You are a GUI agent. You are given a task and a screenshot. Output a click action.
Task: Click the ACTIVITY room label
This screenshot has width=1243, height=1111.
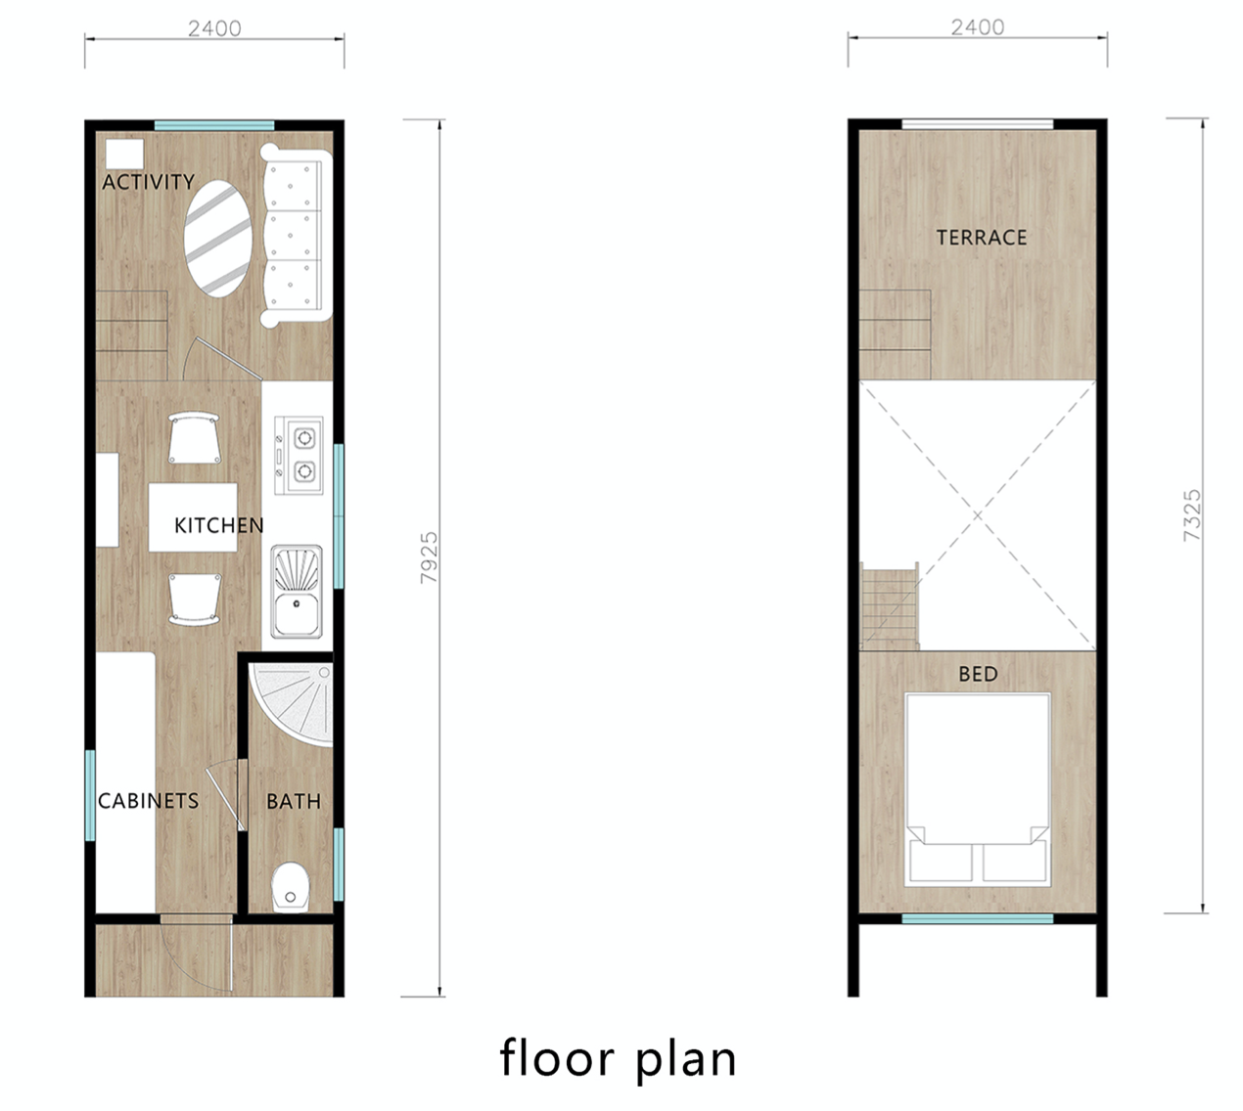click(x=148, y=182)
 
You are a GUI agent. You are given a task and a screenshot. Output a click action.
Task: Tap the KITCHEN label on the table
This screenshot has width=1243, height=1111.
click(x=219, y=525)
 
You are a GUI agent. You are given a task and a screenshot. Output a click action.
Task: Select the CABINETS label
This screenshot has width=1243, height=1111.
click(x=149, y=801)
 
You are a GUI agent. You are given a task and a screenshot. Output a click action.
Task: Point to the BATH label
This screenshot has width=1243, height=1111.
click(x=294, y=801)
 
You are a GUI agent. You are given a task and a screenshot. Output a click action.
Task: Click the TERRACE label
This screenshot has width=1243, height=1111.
click(x=981, y=238)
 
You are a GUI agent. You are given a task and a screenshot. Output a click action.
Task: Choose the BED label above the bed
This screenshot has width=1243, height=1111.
click(x=978, y=674)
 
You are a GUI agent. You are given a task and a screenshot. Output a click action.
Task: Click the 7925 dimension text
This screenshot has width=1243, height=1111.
click(x=429, y=557)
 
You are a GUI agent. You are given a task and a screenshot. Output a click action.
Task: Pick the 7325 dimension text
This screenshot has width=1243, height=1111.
click(x=1191, y=515)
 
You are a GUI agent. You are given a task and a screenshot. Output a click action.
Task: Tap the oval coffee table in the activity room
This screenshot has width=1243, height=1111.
click(x=218, y=240)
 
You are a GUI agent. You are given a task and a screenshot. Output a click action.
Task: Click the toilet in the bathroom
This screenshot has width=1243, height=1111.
click(x=291, y=887)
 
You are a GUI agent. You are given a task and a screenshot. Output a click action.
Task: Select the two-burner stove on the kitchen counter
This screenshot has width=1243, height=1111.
click(x=299, y=456)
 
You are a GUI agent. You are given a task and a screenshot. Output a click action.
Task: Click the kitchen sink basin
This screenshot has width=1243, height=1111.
click(x=297, y=614)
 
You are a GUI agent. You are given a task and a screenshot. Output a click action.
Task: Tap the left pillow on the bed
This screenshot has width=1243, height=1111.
click(x=941, y=862)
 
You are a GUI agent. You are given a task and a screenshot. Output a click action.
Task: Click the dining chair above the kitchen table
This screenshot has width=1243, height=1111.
click(x=195, y=438)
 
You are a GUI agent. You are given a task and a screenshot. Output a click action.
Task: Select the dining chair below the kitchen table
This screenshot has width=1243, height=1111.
click(x=195, y=600)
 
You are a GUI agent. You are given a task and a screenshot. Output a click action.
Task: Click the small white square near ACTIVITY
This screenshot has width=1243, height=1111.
click(x=124, y=154)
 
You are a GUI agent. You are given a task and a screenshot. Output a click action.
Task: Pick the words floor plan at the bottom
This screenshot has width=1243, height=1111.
click(x=619, y=1059)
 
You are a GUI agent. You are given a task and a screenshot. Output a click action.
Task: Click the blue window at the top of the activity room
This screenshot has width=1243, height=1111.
click(x=214, y=126)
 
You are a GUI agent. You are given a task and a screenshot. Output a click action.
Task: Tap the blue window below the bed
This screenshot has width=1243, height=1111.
click(x=978, y=918)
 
